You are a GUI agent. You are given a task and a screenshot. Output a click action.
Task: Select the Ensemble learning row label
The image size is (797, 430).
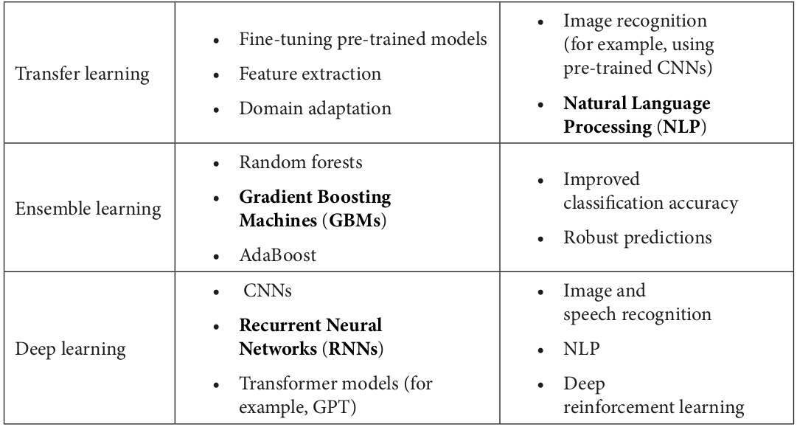pos(88,209)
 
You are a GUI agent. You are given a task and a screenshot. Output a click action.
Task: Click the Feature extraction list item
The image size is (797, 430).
pos(310,74)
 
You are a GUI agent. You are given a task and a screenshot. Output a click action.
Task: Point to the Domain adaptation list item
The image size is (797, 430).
pos(315,108)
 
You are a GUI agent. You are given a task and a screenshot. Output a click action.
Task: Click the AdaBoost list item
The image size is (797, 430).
pos(277,254)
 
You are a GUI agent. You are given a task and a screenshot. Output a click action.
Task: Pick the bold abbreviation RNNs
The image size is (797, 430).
pos(353,349)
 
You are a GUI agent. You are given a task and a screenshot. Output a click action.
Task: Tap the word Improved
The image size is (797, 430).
pos(602,179)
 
